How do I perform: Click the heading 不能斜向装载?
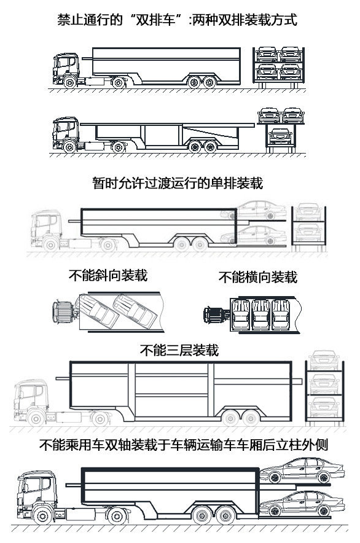click(108, 276)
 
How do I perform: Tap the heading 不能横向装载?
click(258, 277)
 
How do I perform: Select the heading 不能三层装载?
click(179, 350)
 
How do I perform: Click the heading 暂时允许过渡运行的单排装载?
click(178, 183)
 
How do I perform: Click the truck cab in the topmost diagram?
click(66, 69)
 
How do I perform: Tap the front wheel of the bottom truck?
click(42, 515)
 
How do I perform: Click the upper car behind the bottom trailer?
click(302, 471)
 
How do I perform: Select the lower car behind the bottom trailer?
click(302, 504)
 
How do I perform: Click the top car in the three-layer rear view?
click(324, 360)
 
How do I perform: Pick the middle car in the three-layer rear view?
click(324, 383)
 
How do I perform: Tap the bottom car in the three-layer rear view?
click(324, 406)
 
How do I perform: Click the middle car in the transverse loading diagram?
click(261, 314)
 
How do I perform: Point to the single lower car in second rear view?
click(280, 136)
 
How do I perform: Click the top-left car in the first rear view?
click(267, 53)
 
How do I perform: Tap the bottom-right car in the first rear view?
click(291, 71)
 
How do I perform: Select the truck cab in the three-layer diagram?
click(31, 402)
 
